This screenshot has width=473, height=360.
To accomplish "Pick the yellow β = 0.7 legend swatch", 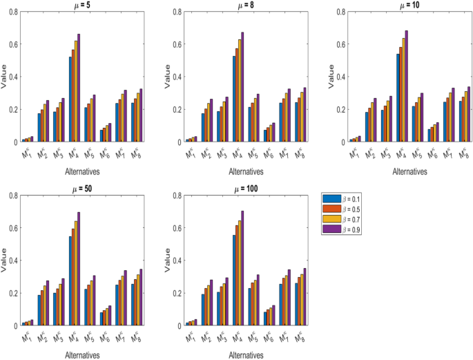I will [x=331, y=220].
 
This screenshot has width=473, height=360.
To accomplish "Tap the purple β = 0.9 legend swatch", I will [x=331, y=229].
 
